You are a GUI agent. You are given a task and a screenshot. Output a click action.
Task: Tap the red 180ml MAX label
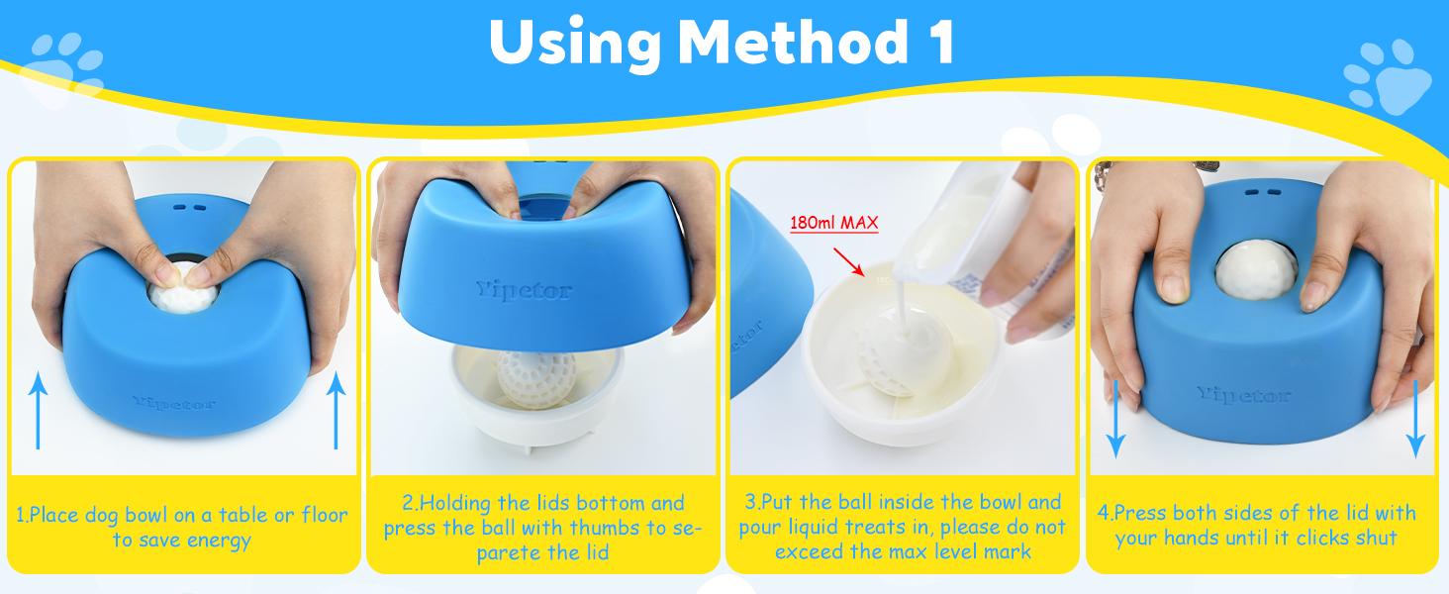833,223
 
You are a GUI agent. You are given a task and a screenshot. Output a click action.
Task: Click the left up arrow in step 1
39,410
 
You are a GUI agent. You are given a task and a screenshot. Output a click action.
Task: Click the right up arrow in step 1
336,410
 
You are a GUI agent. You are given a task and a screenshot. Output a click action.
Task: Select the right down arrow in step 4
1415,416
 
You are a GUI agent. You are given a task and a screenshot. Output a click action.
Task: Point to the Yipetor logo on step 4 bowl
1244,395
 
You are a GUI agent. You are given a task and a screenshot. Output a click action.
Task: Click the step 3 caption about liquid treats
902,527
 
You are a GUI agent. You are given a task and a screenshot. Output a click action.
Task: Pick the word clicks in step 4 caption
1306,538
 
